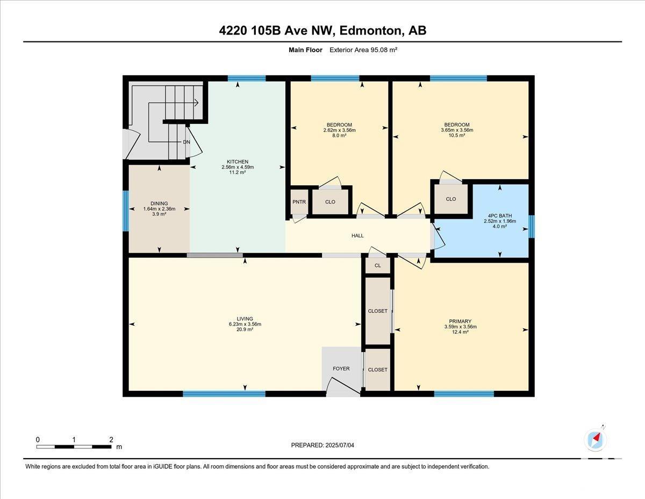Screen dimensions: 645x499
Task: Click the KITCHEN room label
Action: click(x=238, y=161)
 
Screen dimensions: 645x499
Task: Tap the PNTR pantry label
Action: click(x=299, y=202)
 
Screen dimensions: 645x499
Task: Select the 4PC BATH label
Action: click(x=500, y=216)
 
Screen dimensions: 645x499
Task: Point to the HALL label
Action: click(x=357, y=236)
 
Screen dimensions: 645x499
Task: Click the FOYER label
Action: click(x=341, y=369)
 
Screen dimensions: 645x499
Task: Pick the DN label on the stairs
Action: click(x=187, y=142)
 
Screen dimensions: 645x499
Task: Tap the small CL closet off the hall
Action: click(x=377, y=265)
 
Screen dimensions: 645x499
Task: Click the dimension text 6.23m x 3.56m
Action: click(x=245, y=324)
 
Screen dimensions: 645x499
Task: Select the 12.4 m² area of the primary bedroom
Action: click(x=460, y=332)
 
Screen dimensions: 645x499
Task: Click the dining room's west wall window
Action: click(x=126, y=210)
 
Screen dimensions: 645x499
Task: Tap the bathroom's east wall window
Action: click(x=532, y=227)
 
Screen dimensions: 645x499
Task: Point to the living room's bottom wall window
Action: click(x=224, y=394)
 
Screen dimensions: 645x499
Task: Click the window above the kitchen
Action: click(x=247, y=79)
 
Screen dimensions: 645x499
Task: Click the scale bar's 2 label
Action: click(x=111, y=440)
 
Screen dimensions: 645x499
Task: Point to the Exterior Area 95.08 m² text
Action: click(x=363, y=50)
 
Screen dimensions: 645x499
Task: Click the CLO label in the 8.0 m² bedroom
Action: click(x=330, y=202)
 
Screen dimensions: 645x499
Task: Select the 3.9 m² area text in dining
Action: click(x=159, y=214)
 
